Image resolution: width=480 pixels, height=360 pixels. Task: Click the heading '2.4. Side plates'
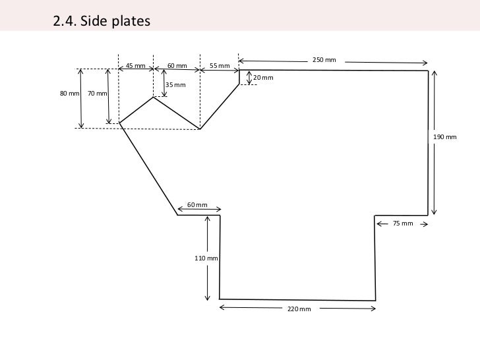[102, 21]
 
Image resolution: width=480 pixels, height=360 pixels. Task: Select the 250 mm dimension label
[324, 61]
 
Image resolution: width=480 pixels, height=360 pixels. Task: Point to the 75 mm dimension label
[402, 224]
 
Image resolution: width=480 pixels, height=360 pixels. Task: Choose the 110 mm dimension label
[206, 258]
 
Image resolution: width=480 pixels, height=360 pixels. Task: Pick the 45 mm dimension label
[135, 66]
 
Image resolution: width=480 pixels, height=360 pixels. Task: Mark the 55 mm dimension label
[220, 66]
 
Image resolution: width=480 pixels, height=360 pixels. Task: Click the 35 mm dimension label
[175, 85]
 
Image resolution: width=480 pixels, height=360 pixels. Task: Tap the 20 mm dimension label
[263, 78]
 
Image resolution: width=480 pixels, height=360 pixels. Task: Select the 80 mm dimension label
[69, 94]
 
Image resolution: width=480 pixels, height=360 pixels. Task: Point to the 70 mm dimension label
[98, 94]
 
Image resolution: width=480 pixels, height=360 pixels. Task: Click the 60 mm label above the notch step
[197, 205]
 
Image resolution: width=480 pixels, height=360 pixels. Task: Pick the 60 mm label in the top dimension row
[177, 66]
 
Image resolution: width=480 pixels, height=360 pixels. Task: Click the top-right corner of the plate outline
[428, 71]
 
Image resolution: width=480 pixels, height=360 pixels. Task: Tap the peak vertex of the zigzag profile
[154, 98]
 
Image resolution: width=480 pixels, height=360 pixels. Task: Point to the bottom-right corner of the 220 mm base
[376, 300]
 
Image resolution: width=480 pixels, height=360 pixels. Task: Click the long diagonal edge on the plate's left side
[148, 169]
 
